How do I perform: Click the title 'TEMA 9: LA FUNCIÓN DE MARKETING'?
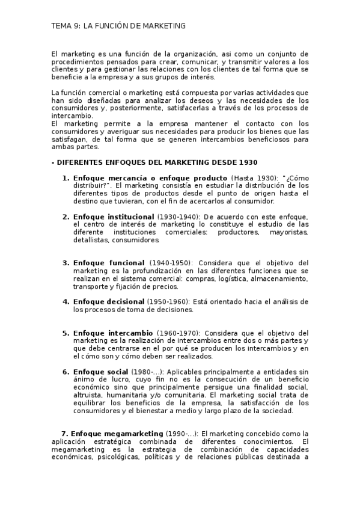point(118,26)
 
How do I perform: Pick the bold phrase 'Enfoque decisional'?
point(108,301)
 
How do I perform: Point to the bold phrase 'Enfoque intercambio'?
point(112,333)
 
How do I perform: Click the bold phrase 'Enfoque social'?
point(100,372)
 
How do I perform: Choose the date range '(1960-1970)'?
point(178,333)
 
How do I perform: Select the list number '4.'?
point(66,301)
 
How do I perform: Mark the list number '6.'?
point(66,372)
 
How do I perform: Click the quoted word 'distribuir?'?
point(93,186)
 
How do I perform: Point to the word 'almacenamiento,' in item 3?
point(282,278)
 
